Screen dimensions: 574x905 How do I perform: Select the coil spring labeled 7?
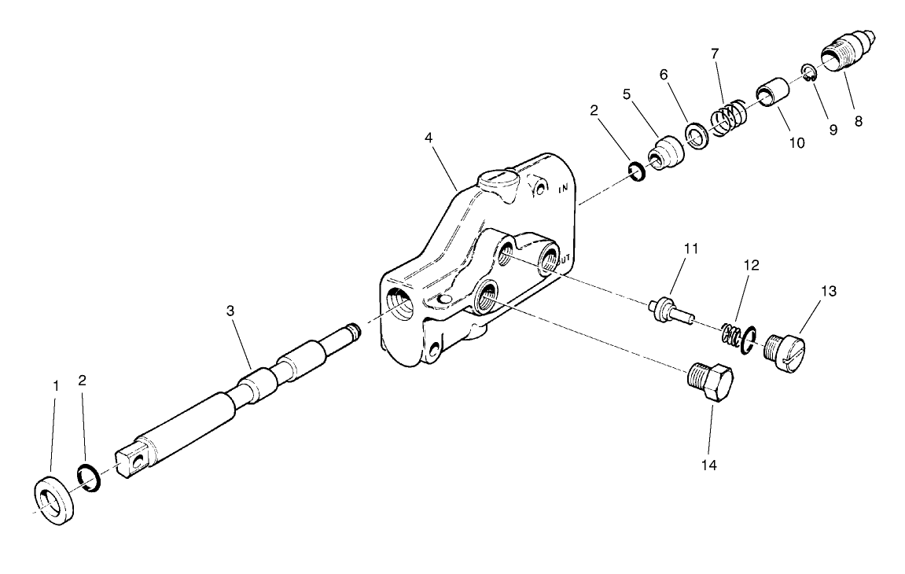[x=728, y=115]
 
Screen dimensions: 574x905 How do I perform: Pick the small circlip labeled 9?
[x=807, y=73]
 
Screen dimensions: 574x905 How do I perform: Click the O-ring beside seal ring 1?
[x=88, y=477]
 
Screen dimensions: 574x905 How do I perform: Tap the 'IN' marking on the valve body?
[x=563, y=189]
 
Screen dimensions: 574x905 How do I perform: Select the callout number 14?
[x=708, y=465]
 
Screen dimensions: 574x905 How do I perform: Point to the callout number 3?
[x=230, y=311]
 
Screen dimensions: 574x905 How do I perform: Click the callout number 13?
[x=829, y=291]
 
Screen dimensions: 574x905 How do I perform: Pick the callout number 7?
[x=714, y=54]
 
